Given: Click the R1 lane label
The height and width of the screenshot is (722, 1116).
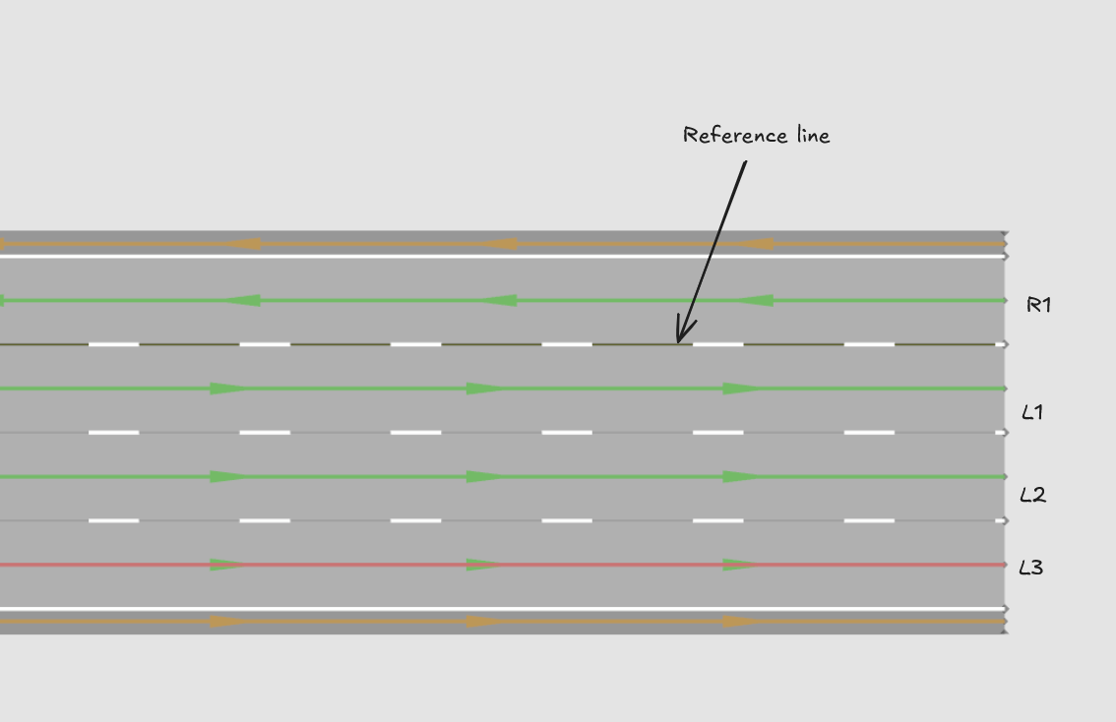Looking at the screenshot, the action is coord(1038,305).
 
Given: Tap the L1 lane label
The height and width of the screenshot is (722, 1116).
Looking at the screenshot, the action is coord(1032,412).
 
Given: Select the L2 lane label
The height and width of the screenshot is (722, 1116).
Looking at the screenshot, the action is coord(1032,495).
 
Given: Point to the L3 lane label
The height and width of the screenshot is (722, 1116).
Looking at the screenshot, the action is coord(1031,568).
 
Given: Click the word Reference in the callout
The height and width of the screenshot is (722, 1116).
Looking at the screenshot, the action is coord(735,135).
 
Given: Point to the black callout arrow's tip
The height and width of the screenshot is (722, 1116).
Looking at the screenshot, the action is coord(678,343).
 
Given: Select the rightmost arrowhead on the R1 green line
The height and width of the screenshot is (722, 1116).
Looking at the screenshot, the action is coord(755,301).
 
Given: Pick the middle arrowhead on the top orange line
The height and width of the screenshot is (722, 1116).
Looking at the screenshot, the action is coord(498,244).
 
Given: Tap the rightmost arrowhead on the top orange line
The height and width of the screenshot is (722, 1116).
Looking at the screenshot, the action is coord(755,244).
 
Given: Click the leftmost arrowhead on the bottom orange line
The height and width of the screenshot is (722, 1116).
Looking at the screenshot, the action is coord(229,622).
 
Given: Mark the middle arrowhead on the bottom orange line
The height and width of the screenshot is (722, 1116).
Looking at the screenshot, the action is coord(485,622).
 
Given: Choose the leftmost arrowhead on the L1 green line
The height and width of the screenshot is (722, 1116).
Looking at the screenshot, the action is coord(229,390).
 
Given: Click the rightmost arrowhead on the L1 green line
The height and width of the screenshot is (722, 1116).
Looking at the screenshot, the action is coord(742,390).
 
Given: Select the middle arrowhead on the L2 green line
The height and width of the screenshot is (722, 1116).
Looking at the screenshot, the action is coord(485,477).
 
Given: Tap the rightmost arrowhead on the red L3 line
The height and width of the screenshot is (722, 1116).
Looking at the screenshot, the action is coord(742,565).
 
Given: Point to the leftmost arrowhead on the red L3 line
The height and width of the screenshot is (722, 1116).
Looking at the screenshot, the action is coord(229,565).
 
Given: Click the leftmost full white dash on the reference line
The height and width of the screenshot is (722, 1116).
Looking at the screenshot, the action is coord(114,344).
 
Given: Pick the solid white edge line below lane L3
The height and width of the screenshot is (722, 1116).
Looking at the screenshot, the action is coord(503,609).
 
